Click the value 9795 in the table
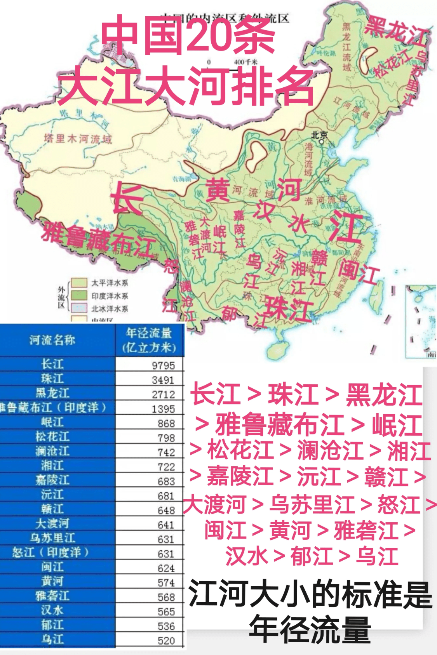163,365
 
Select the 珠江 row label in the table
52,379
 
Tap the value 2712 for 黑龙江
163,394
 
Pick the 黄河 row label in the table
52,581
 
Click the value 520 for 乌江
166,641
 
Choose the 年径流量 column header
149,340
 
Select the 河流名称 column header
52,340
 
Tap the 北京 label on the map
319,135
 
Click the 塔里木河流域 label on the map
78,139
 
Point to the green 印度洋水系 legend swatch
79,295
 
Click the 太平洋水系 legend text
110,283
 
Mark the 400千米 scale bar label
245,62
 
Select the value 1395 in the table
163,409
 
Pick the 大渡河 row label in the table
52,523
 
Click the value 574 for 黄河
166,582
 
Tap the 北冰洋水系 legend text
110,309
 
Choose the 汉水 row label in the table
52,610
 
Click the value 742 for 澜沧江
166,452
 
